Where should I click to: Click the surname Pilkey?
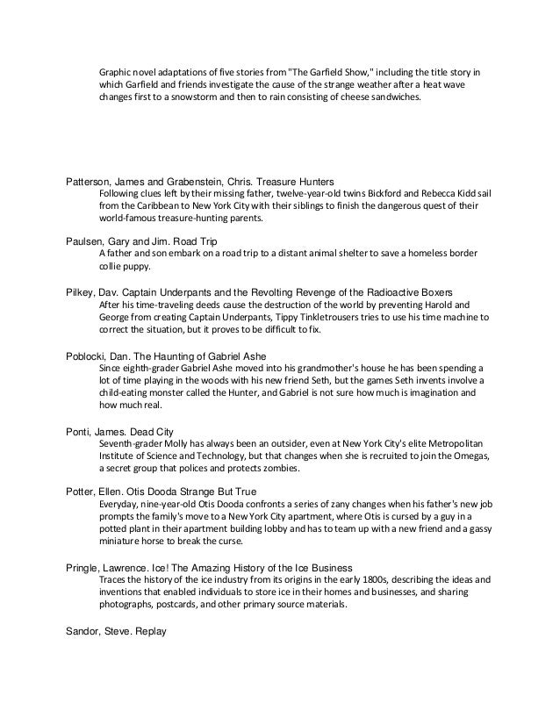coord(85,289)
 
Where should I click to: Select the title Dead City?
coord(169,430)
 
